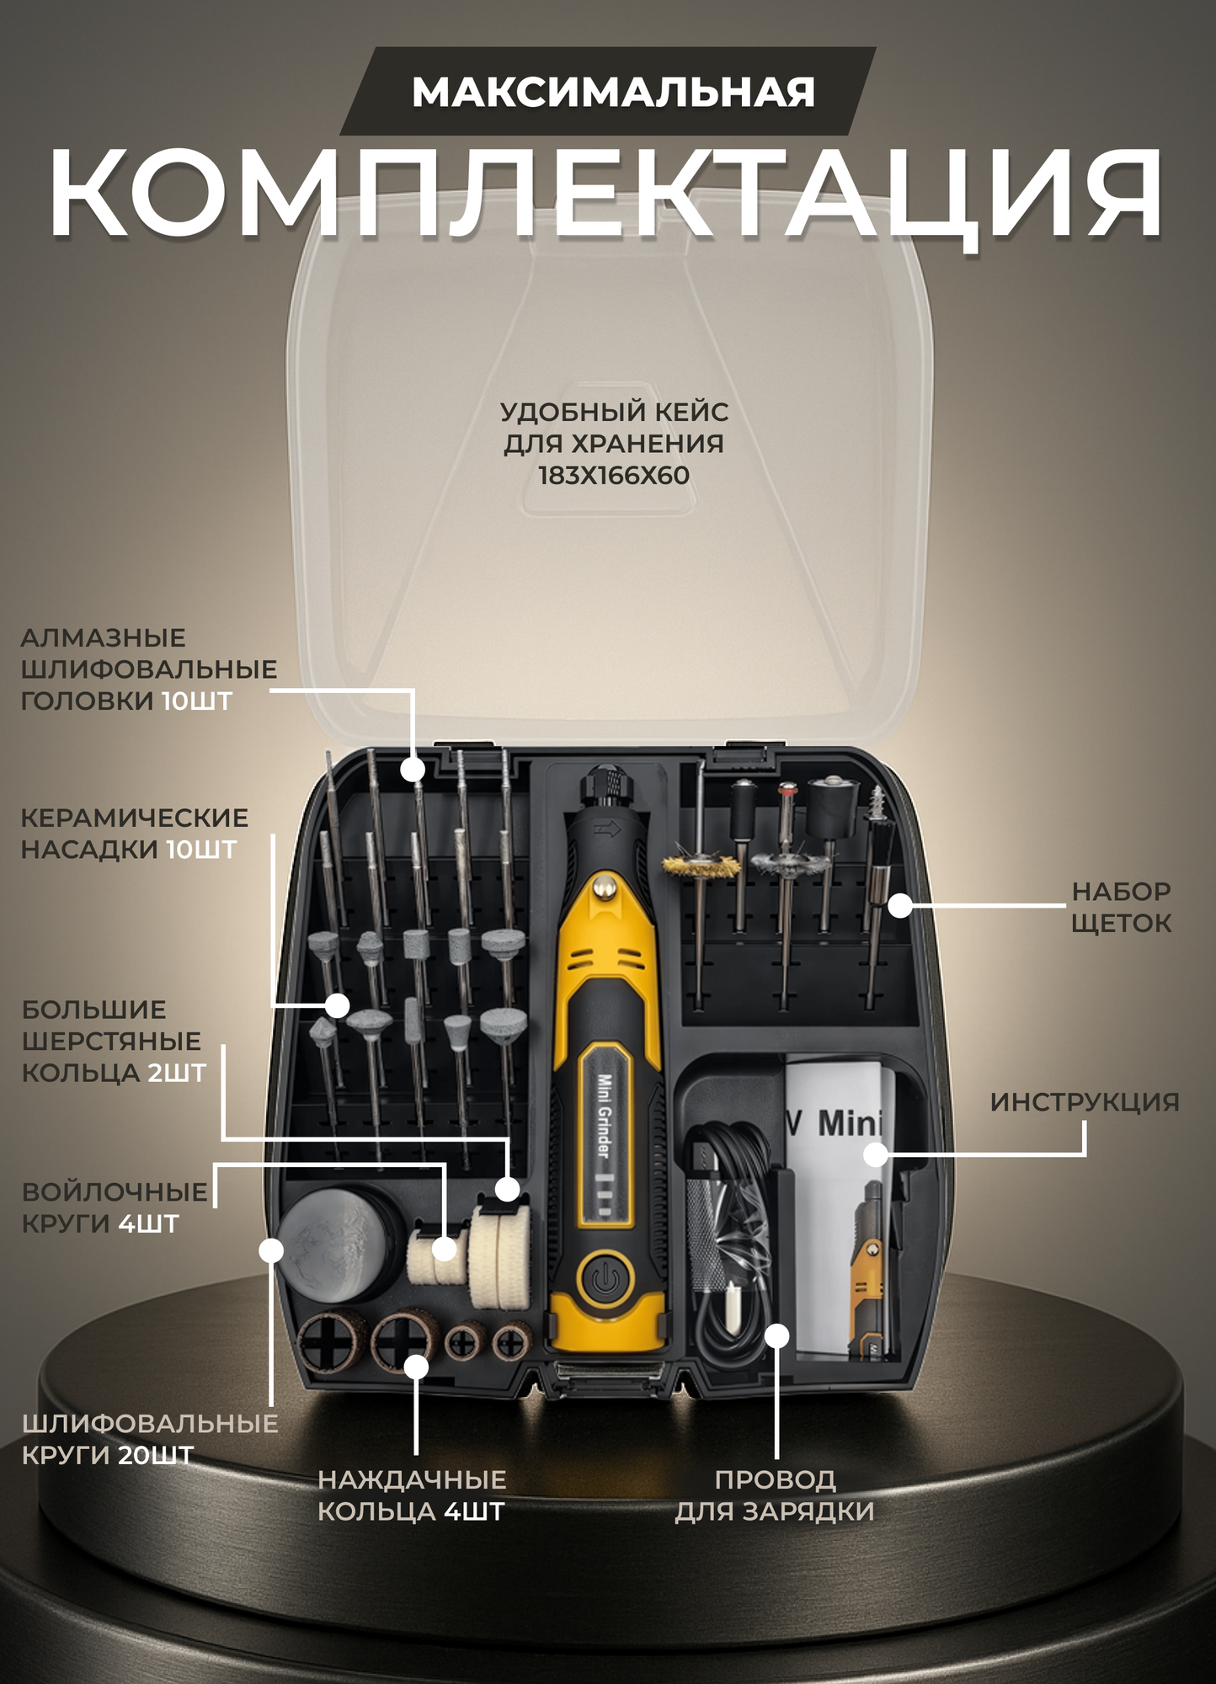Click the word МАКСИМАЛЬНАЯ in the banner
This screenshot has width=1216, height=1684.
tap(612, 93)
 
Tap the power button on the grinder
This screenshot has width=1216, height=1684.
tap(604, 1281)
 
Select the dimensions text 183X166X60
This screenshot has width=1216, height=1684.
tap(613, 476)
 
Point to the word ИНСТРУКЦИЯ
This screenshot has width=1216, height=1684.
tap(1084, 1102)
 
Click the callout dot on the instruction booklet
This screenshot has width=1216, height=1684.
tap(876, 1154)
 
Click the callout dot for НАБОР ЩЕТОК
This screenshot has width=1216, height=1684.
tap(900, 906)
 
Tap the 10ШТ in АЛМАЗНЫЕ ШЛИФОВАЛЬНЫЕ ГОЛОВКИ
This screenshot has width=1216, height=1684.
tap(196, 701)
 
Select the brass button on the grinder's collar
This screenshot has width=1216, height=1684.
tap(603, 885)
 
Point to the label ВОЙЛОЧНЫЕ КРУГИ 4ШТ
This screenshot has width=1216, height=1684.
tap(114, 1207)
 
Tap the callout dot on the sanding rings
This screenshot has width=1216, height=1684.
tap(416, 1366)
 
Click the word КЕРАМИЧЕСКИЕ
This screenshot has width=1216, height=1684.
tap(134, 818)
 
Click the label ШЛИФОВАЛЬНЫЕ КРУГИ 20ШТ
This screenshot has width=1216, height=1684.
tap(149, 1439)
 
